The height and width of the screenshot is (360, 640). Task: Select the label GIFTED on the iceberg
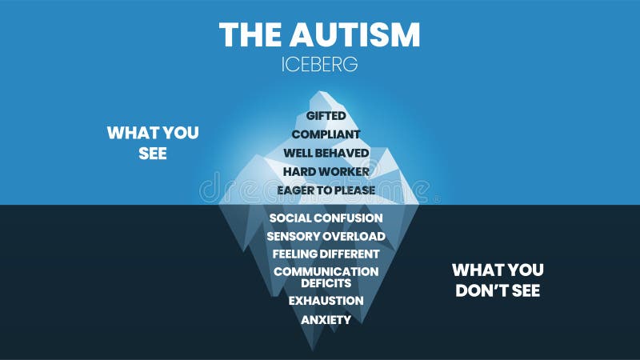pyautogui.click(x=326, y=117)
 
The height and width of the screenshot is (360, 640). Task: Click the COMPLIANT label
pyautogui.click(x=326, y=134)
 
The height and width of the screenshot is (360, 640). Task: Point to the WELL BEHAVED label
pyautogui.click(x=326, y=153)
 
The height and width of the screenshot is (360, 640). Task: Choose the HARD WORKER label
pyautogui.click(x=326, y=171)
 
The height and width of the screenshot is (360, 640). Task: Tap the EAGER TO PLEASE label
pyautogui.click(x=326, y=190)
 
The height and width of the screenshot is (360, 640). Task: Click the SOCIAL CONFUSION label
pyautogui.click(x=326, y=218)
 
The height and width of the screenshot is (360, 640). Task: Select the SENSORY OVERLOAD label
pyautogui.click(x=326, y=236)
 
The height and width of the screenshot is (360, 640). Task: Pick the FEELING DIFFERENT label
pyautogui.click(x=326, y=254)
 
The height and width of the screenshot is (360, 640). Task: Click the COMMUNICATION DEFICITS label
pyautogui.click(x=326, y=277)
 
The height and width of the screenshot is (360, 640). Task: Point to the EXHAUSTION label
pyautogui.click(x=326, y=301)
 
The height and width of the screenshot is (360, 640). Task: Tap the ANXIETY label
pyautogui.click(x=326, y=320)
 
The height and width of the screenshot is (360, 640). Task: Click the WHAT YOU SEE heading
pyautogui.click(x=153, y=142)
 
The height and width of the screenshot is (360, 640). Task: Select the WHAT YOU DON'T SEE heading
pyautogui.click(x=498, y=280)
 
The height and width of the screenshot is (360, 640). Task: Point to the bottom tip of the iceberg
pyautogui.click(x=310, y=347)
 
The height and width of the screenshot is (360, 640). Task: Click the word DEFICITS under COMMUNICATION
pyautogui.click(x=326, y=283)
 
